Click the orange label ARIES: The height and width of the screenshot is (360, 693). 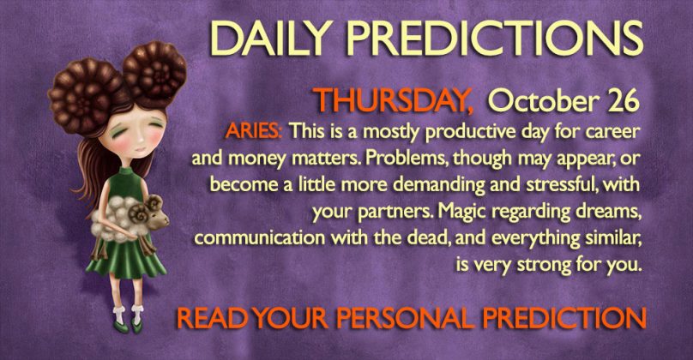(x=254, y=131)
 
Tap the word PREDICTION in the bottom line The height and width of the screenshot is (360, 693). (x=564, y=318)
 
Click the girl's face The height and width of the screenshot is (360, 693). (x=135, y=135)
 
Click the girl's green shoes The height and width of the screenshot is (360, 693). (x=128, y=327)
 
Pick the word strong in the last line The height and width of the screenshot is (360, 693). (x=543, y=266)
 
